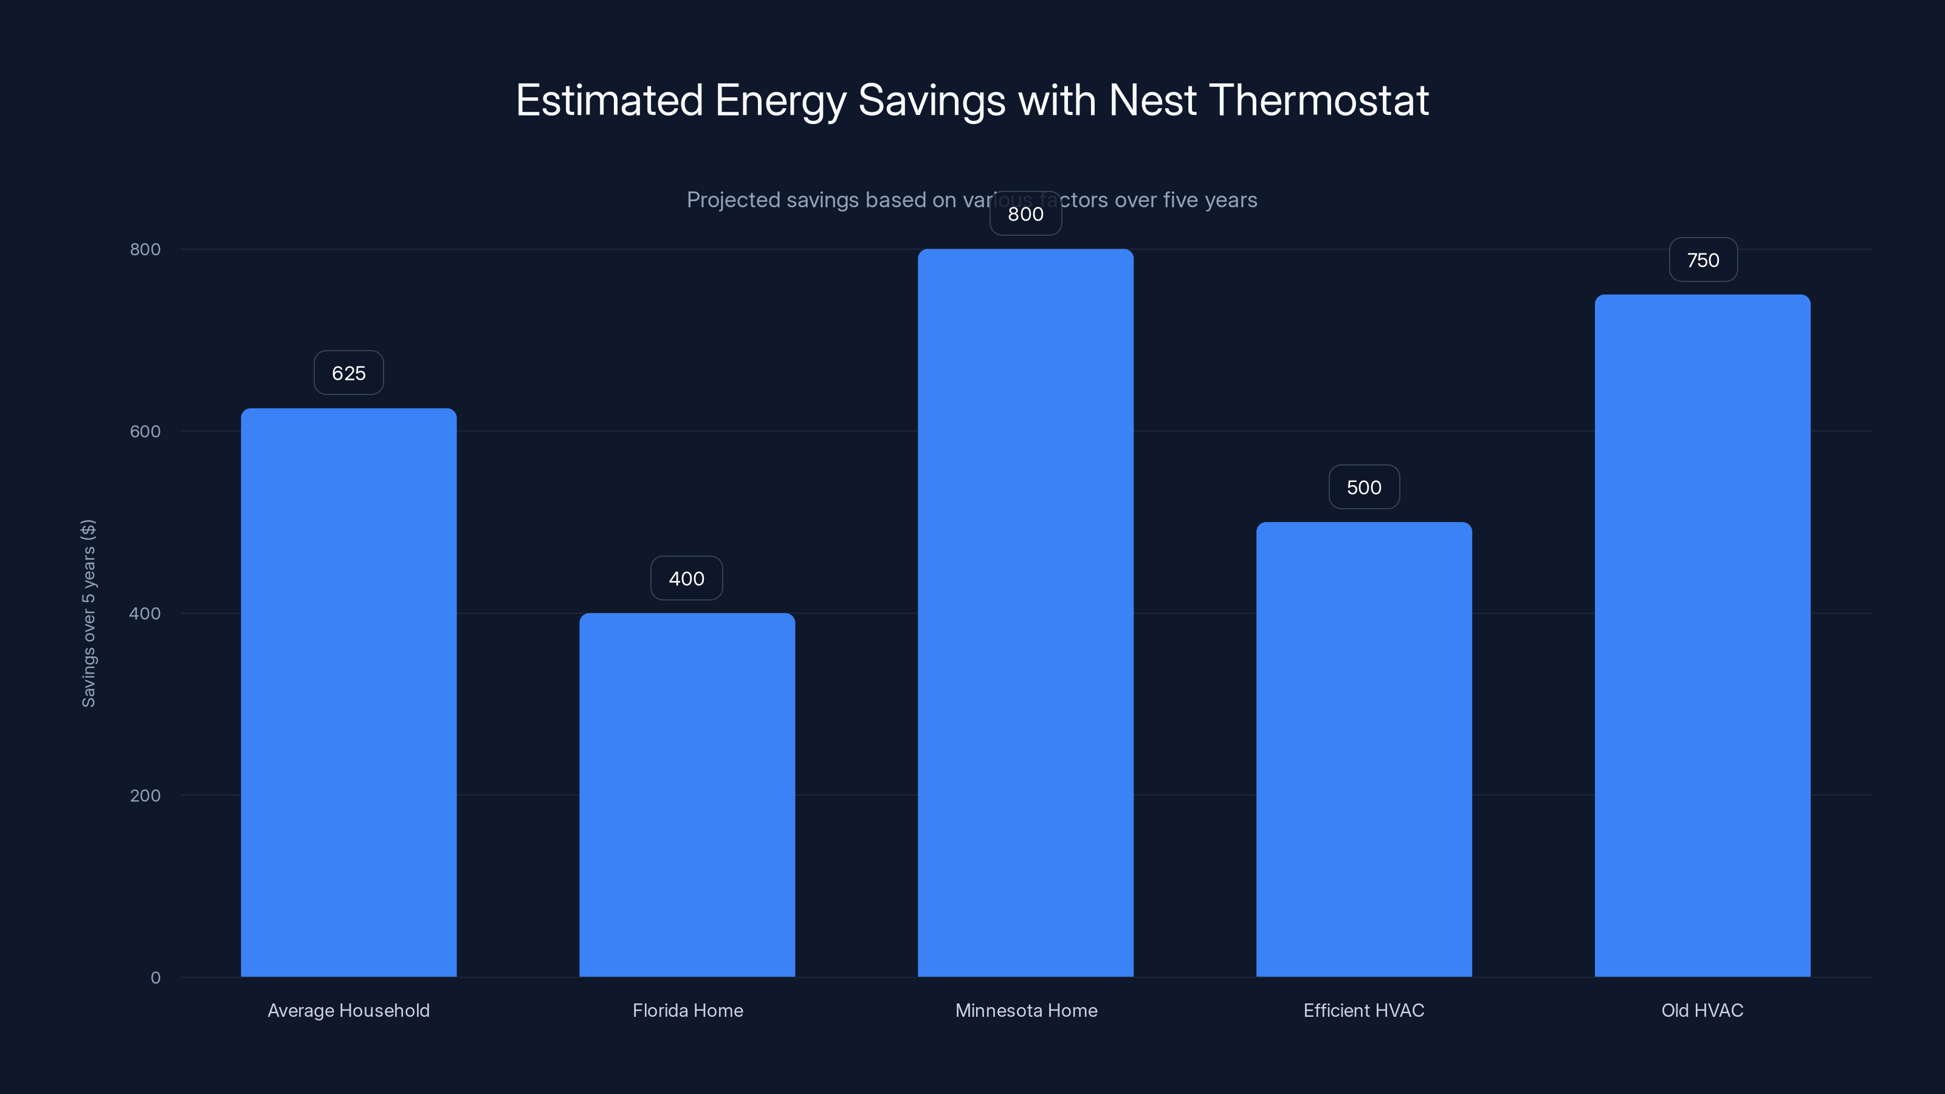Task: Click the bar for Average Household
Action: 348,692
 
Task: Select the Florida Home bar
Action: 687,794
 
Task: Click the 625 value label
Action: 348,373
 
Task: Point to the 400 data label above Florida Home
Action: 686,579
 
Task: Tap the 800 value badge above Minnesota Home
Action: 1025,214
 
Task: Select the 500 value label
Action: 1363,487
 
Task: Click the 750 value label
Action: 1702,260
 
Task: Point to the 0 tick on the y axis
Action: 156,978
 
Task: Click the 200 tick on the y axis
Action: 145,795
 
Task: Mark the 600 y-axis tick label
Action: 145,431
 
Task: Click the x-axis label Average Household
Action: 348,1010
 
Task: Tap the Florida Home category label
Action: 687,1010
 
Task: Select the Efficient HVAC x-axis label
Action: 1363,1010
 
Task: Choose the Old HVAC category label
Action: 1702,1010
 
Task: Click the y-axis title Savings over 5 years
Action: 88,613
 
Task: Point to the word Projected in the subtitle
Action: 732,200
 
